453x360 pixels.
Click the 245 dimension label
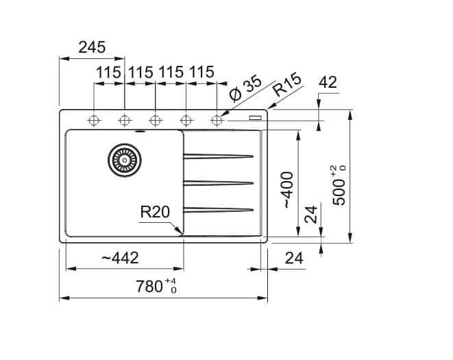tap(92, 47)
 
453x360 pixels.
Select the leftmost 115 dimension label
tap(108, 72)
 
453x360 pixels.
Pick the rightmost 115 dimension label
tap(201, 72)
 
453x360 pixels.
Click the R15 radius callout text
tap(286, 86)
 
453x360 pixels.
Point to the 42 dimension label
tap(328, 82)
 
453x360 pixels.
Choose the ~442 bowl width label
tap(119, 258)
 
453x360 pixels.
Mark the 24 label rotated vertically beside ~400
tap(311, 215)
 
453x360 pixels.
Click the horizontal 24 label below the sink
tap(293, 258)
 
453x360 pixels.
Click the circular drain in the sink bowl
tap(124, 159)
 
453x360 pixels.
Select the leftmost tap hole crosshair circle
tap(93, 120)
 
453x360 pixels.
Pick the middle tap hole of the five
tap(156, 120)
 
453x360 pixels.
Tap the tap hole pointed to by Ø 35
tap(217, 120)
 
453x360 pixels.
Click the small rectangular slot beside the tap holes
tap(256, 118)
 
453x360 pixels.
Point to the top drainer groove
tap(219, 156)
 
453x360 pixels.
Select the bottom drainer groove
tap(219, 208)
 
